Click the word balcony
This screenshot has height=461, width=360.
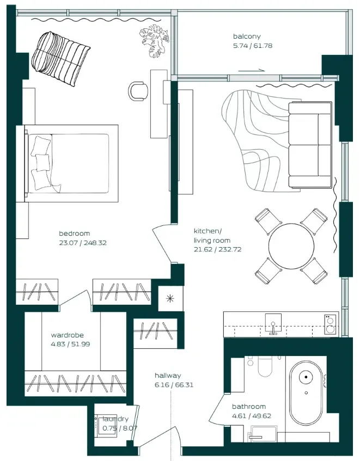click(247, 36)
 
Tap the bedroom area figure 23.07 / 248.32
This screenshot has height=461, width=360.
click(83, 243)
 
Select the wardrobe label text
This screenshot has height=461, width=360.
click(68, 335)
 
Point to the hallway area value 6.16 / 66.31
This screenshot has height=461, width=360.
click(174, 385)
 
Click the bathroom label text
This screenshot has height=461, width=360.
click(249, 407)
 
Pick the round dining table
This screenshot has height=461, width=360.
click(291, 247)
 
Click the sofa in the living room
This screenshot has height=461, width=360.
click(310, 145)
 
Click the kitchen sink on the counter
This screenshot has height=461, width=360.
click(273, 323)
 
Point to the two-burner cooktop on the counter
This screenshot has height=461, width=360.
click(330, 324)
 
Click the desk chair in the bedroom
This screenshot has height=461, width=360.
click(138, 91)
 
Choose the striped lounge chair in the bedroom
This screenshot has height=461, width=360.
click(60, 58)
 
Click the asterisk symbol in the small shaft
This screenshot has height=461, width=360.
click(170, 299)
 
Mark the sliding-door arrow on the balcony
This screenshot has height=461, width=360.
click(252, 70)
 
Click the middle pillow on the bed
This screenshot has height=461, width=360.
click(43, 162)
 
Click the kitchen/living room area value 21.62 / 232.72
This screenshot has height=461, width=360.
click(217, 249)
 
